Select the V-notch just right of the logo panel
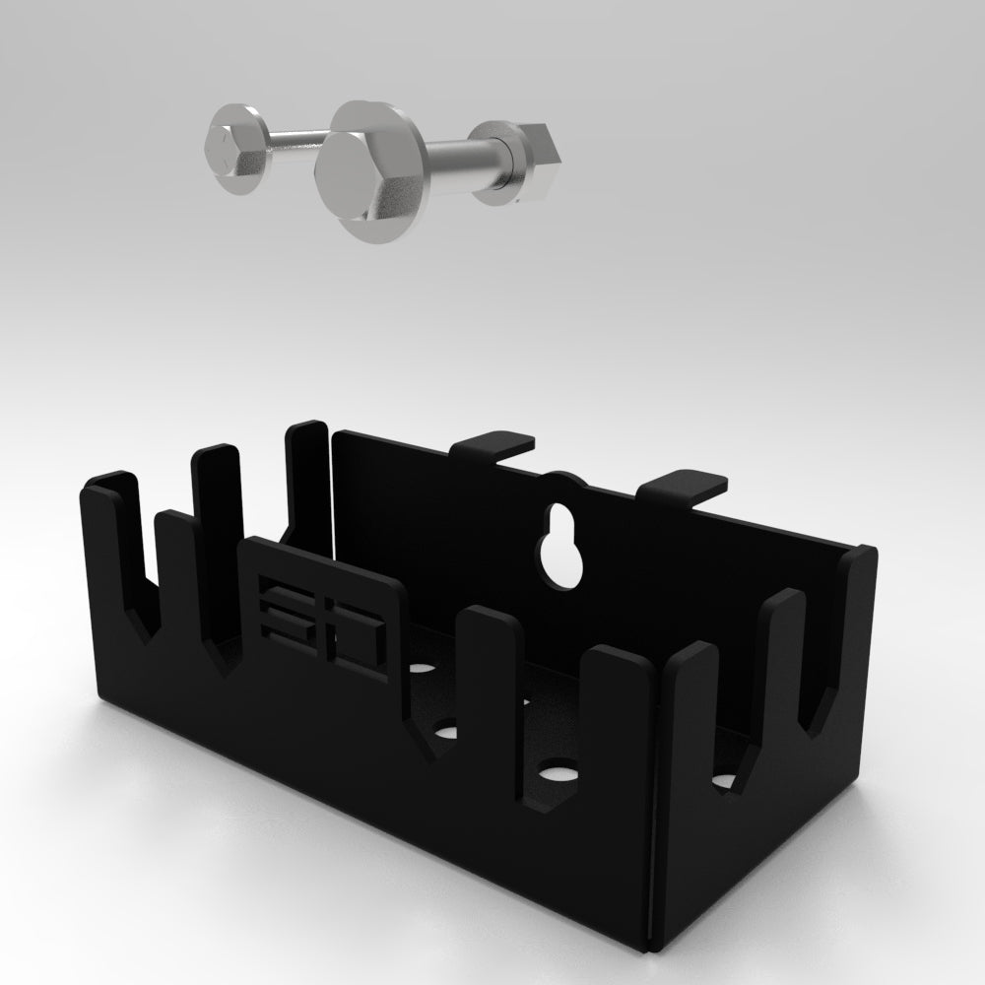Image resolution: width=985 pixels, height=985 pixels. point(432,739)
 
